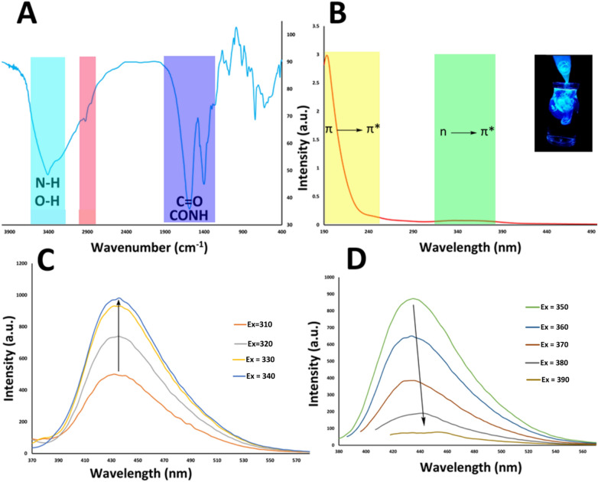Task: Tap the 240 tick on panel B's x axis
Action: [x=369, y=231]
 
